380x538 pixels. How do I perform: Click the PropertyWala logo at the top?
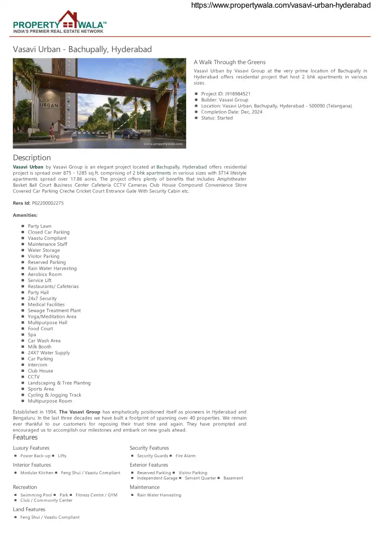pos(60,23)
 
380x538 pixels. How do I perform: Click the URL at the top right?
pos(281,6)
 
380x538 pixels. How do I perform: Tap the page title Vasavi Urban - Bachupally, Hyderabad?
pos(82,49)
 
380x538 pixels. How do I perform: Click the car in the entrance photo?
pos(131,133)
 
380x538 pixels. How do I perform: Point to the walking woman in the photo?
pos(52,131)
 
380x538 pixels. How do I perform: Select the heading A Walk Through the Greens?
pos(230,62)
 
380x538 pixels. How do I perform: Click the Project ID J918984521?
pos(226,94)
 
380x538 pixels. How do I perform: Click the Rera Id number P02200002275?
pos(48,203)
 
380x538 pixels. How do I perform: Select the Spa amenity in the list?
pos(32,335)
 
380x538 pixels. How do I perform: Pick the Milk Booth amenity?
pos(40,347)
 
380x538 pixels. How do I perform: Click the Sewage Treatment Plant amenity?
pos(54,311)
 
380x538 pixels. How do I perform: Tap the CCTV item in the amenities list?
pos(34,377)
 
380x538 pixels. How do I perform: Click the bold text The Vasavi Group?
pos(80,412)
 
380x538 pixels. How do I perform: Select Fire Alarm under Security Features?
pos(185,456)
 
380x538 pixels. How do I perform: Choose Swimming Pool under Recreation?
pos(36,495)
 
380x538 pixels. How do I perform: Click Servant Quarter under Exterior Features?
pos(200,478)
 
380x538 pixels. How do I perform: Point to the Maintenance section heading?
pos(145,487)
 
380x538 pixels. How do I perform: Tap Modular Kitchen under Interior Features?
pos(37,473)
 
